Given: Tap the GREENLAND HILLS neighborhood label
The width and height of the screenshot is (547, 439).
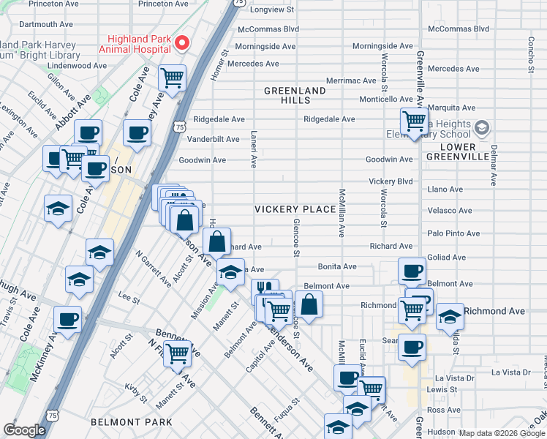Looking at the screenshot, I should pyautogui.click(x=295, y=95).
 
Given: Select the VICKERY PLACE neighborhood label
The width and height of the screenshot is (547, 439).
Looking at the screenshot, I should pyautogui.click(x=295, y=209).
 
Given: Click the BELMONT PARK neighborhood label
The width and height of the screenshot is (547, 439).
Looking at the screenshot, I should pyautogui.click(x=132, y=422).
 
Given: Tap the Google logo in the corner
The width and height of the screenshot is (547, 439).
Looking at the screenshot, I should pyautogui.click(x=24, y=430).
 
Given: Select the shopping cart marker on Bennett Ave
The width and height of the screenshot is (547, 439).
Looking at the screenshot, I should pyautogui.click(x=177, y=353).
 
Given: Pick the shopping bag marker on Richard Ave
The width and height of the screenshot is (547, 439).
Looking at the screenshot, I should pyautogui.click(x=217, y=241).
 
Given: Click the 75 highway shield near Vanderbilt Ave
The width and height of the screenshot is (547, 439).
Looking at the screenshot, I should pyautogui.click(x=180, y=127).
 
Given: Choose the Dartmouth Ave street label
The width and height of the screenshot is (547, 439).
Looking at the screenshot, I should pyautogui.click(x=44, y=24).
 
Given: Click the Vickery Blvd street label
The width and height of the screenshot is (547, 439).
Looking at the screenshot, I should pyautogui.click(x=391, y=181).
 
